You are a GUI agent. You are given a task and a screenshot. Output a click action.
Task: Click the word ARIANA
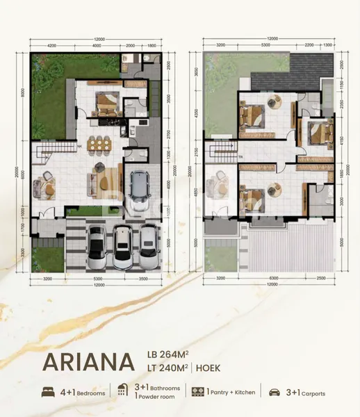pyautogui.click(x=88, y=363)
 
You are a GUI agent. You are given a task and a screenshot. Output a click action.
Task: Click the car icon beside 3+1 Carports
pyautogui.click(x=275, y=392)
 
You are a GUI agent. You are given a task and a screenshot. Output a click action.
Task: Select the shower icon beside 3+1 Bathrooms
pyautogui.click(x=122, y=391)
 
